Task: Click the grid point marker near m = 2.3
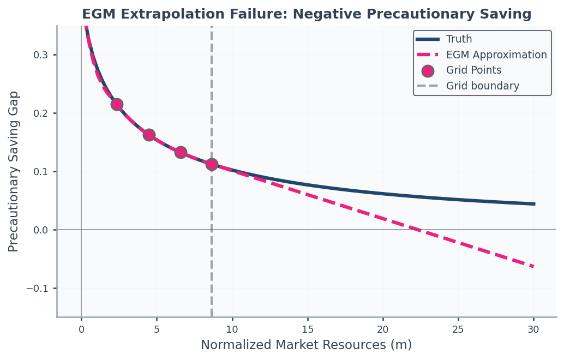click(x=117, y=105)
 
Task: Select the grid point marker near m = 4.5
click(x=149, y=135)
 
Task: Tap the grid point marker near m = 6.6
click(x=181, y=153)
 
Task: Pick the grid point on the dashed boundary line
click(x=212, y=164)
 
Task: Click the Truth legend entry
click(x=444, y=39)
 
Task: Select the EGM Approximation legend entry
click(x=481, y=55)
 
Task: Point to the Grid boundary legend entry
click(x=467, y=86)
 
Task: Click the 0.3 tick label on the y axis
click(x=40, y=55)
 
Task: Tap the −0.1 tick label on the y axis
click(x=37, y=289)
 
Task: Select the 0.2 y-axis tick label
click(x=40, y=113)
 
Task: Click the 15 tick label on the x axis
click(x=308, y=329)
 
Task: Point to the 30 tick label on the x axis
click(x=533, y=329)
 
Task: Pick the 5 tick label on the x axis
click(x=157, y=329)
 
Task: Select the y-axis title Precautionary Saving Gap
click(x=13, y=172)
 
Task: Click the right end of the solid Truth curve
click(x=535, y=204)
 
